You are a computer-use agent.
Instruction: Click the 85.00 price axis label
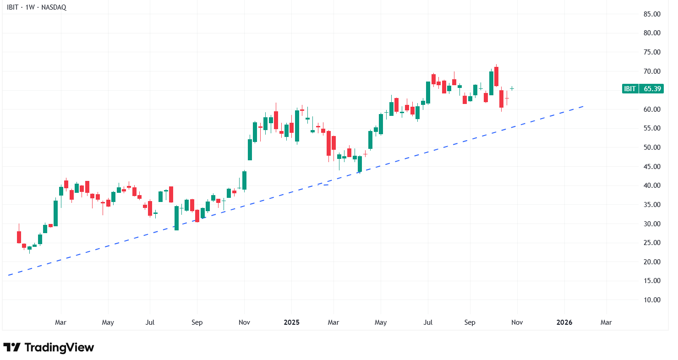(x=651, y=14)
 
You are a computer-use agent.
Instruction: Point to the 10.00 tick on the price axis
(x=651, y=300)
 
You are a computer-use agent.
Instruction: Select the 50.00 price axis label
(x=651, y=147)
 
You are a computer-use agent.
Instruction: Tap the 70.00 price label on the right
(x=651, y=71)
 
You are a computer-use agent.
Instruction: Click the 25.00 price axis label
(x=651, y=243)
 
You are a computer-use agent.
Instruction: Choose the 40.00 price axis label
(x=651, y=185)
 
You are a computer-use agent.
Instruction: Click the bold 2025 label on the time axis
(x=291, y=322)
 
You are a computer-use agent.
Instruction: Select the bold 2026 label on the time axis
(x=564, y=322)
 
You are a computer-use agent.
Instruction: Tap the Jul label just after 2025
(x=428, y=322)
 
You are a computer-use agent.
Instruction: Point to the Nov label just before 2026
(x=517, y=322)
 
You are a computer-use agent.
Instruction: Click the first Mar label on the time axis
(x=60, y=322)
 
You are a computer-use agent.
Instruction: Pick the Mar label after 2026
(x=606, y=322)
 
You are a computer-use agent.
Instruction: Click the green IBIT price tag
(x=630, y=89)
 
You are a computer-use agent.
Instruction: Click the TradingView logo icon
(x=12, y=347)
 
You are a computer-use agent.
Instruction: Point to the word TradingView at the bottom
(x=59, y=347)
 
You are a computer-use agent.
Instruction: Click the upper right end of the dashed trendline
(x=584, y=106)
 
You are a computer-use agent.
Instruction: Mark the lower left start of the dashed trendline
(x=9, y=275)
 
